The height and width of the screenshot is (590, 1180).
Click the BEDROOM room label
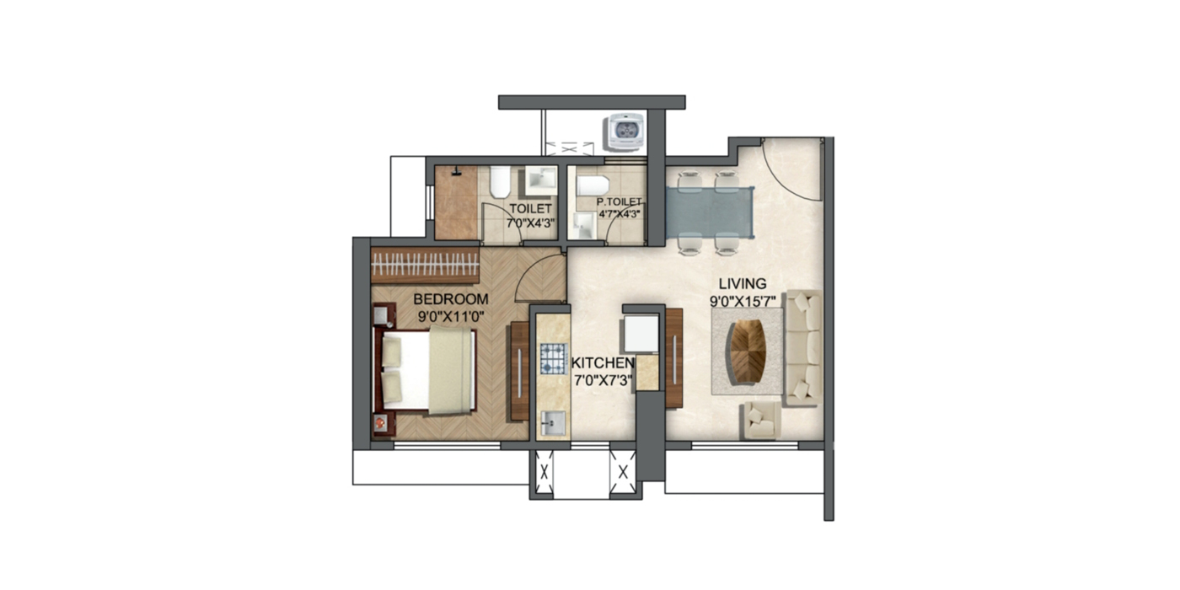(451, 299)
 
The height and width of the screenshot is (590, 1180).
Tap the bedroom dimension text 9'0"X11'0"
(451, 317)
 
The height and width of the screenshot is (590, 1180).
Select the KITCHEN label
(603, 362)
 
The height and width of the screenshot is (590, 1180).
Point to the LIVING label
(743, 283)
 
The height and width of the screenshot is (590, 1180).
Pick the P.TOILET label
(619, 202)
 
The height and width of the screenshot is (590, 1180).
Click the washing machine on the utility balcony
(624, 131)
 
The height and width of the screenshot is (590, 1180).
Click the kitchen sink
(553, 422)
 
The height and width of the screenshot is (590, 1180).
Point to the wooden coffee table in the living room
(748, 351)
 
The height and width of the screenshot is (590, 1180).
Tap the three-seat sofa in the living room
(802, 346)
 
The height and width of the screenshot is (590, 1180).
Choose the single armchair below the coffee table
(761, 420)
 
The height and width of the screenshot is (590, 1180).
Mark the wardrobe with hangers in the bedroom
(426, 265)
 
